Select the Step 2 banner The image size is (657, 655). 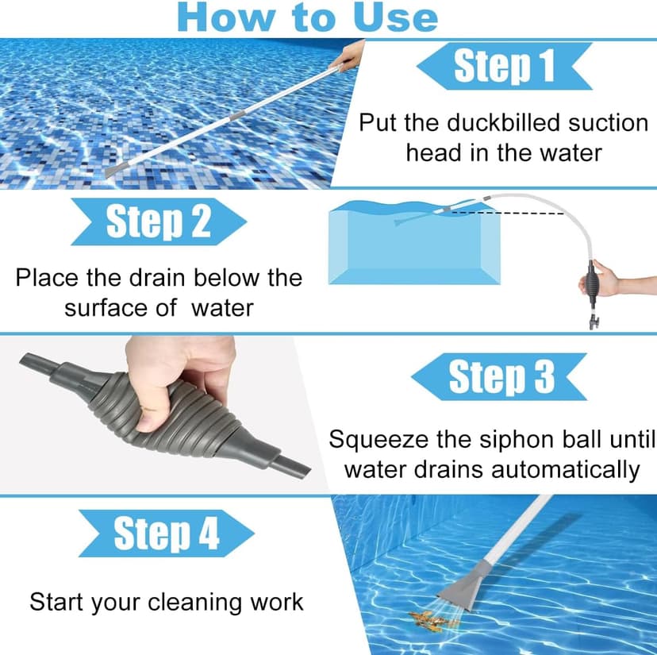pos(158,222)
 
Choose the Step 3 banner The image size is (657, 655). pos(501,376)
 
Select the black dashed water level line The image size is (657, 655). pos(508,212)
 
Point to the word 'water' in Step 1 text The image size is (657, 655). pos(567,152)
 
